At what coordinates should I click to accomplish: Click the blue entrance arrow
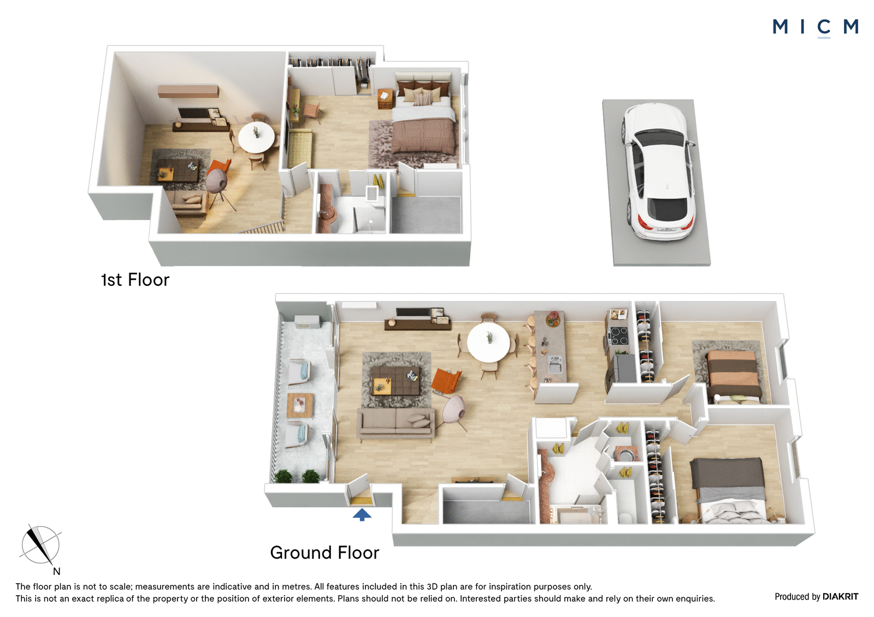pos(362,514)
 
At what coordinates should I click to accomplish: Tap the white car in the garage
pos(658,171)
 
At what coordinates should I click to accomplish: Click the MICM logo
pos(816,27)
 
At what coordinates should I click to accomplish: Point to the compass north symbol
pos(40,546)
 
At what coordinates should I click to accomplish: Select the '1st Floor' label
pos(135,280)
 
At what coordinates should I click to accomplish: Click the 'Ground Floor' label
pos(324,553)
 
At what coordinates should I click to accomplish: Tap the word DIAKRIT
pos(841,597)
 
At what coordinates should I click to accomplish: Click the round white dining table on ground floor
pos(488,344)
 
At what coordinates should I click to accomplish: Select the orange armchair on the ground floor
pos(446,380)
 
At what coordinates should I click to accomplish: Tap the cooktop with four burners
pos(619,336)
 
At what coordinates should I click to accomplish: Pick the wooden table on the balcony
pos(300,405)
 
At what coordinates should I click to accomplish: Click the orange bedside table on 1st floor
pos(385,99)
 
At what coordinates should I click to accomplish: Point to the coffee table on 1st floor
pos(178,171)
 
